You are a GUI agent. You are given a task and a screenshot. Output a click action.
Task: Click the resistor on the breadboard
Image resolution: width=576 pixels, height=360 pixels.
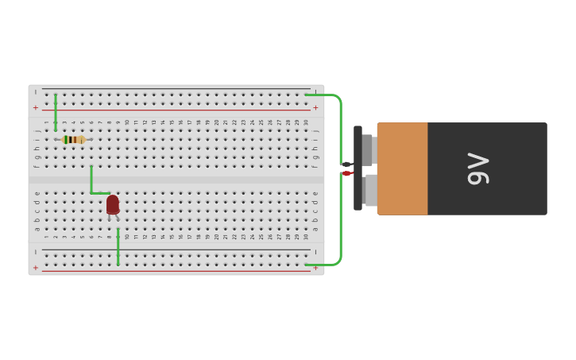point(73,140)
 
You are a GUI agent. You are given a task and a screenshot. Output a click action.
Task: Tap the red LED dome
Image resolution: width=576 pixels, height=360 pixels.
point(113,204)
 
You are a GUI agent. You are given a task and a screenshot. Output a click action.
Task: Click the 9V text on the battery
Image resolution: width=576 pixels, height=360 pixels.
point(478,168)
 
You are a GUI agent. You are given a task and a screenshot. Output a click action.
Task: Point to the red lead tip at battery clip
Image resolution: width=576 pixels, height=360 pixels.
point(347,173)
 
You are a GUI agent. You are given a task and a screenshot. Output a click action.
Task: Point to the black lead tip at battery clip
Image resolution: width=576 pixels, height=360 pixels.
point(346,165)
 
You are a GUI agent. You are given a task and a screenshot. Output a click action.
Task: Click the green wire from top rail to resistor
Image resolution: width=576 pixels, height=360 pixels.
point(56,112)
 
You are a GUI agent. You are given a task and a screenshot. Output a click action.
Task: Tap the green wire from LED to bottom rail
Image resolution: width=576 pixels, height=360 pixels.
point(118,247)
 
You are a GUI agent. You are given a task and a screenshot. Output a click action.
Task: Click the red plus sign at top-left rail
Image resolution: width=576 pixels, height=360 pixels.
point(36,107)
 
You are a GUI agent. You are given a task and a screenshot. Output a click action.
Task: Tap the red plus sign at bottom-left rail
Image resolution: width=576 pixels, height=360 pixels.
point(36,268)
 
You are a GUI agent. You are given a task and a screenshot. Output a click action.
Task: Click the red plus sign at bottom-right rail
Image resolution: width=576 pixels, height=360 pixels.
point(315,268)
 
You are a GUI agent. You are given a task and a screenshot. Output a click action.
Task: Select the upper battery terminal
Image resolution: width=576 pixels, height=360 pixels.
point(368,149)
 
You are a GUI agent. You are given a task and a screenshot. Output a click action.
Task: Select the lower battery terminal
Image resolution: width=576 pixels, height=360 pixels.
point(369,191)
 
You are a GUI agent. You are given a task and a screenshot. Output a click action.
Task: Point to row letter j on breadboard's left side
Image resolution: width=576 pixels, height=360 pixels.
point(37,130)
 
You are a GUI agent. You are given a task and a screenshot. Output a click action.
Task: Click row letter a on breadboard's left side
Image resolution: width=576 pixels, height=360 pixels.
point(37,229)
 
